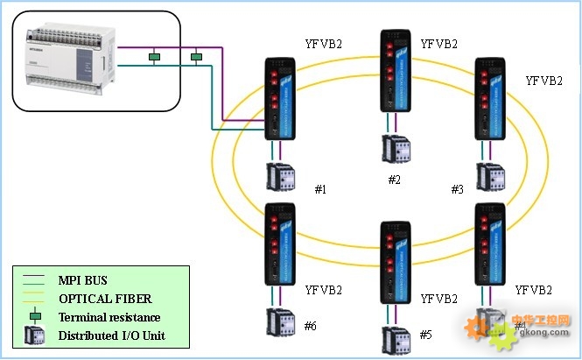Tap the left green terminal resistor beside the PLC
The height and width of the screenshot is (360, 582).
[x=154, y=58]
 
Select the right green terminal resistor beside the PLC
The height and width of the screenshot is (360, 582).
[x=197, y=58]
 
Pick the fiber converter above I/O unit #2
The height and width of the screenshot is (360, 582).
[x=395, y=71]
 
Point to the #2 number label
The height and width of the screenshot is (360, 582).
[x=395, y=180]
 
